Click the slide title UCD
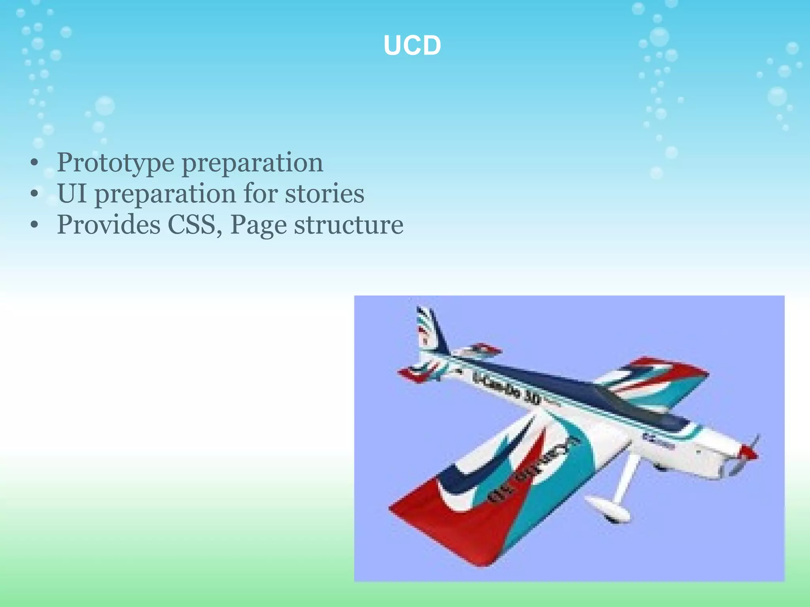(412, 45)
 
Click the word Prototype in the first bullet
(115, 162)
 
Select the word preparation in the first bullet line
(252, 162)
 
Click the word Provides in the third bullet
(109, 225)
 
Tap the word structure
(348, 225)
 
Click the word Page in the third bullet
(258, 225)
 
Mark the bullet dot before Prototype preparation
(35, 163)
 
